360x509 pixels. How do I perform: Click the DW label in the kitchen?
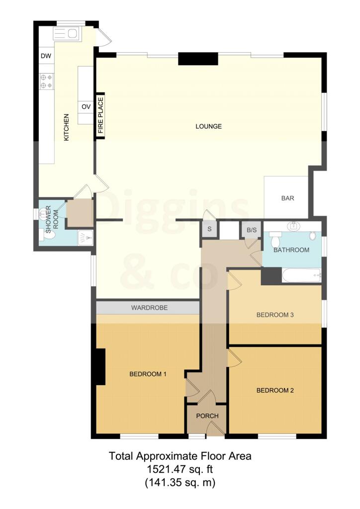[46, 56]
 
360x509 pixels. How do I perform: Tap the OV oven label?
[86, 106]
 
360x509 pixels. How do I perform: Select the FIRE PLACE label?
[100, 115]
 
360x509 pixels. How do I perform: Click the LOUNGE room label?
[208, 126]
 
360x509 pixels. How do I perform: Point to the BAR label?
[288, 198]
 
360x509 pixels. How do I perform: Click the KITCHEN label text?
[66, 128]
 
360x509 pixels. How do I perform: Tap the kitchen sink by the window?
[67, 33]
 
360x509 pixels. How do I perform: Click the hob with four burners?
[46, 81]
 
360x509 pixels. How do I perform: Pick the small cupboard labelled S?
[209, 230]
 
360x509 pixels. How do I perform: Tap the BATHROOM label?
[292, 250]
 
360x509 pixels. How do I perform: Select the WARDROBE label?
[149, 308]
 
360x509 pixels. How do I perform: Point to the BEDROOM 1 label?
[148, 374]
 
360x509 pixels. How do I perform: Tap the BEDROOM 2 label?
[275, 390]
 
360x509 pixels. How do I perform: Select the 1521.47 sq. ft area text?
[180, 468]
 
